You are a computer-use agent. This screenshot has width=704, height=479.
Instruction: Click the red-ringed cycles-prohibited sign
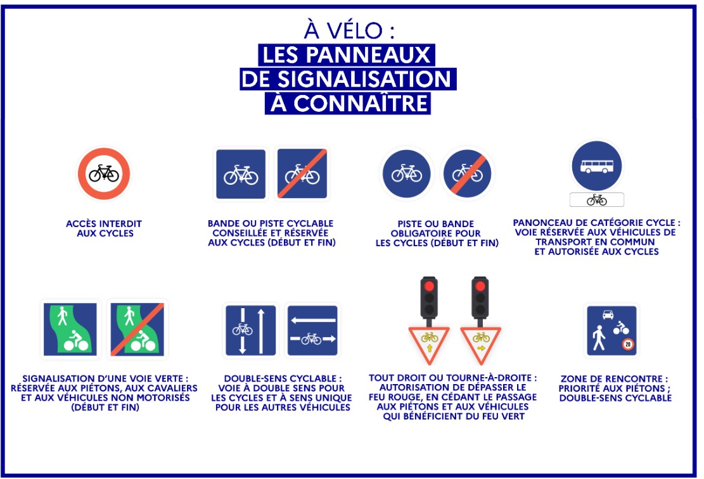pos(104,173)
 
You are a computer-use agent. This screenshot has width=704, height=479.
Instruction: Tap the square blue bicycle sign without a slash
pos(241,174)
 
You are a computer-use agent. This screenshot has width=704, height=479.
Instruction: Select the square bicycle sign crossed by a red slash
pos(302,173)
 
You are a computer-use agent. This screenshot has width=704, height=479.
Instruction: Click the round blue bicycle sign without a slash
pos(407,173)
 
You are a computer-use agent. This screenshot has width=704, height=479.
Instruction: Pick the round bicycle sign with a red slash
pos(468,173)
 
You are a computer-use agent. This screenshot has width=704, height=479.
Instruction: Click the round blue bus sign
pos(597,166)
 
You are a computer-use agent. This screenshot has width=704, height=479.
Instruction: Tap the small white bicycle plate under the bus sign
pos(597,199)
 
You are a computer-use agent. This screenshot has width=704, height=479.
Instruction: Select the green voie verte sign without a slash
pos(70,330)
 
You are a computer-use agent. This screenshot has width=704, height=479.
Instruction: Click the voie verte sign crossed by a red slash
pos(137,330)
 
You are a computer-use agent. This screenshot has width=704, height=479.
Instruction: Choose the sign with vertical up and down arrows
pos(250,330)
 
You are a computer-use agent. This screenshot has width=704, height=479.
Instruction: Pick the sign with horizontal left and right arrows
pos(312,330)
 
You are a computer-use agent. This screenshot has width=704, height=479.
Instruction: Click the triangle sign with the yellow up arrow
pos(429,344)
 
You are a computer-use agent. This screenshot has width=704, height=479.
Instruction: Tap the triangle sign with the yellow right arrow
pos(480,344)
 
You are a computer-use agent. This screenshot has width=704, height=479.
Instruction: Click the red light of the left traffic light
pos(429,286)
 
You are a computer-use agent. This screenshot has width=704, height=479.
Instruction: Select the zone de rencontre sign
pos(612,330)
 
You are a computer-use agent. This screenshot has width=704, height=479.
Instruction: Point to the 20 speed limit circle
pos(628,344)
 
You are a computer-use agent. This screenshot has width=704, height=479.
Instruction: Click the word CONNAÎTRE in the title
pos(361,103)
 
